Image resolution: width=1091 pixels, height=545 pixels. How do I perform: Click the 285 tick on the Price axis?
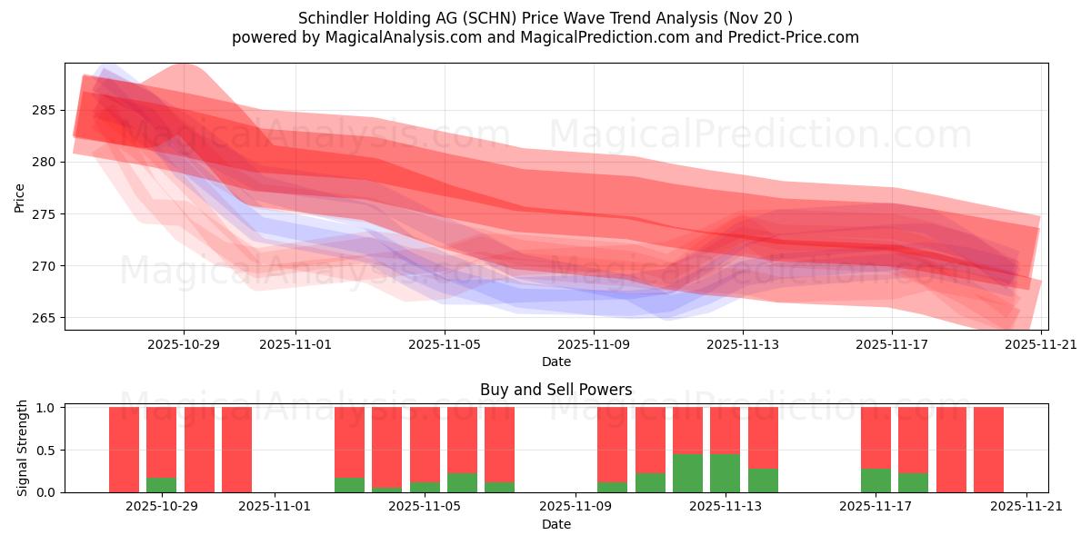tap(45, 110)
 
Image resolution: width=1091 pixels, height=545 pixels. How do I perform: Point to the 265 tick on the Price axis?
tap(45, 318)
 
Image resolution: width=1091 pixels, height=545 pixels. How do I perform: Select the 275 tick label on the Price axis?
tap(45, 214)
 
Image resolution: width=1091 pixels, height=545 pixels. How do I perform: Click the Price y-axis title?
tap(19, 197)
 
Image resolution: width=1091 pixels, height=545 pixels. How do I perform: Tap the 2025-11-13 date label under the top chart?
tap(743, 344)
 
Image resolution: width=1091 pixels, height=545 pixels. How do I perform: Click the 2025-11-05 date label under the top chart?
tap(445, 344)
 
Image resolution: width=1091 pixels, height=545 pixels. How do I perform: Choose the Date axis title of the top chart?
tap(556, 362)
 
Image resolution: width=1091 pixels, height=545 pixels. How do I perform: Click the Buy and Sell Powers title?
tap(556, 390)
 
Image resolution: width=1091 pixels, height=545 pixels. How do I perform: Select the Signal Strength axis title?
tap(23, 448)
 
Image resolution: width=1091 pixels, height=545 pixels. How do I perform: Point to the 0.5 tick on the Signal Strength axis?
tap(45, 450)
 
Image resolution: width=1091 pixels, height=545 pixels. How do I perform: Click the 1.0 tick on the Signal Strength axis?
tap(45, 407)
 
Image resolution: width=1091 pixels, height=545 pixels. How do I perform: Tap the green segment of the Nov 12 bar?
tap(687, 473)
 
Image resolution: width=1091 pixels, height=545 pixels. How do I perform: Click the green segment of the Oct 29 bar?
tap(161, 485)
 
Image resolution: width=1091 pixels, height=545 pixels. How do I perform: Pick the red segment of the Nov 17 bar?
tap(876, 437)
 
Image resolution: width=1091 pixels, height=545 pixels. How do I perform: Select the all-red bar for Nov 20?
tap(988, 450)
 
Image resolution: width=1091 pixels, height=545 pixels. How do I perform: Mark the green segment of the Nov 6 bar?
tap(462, 483)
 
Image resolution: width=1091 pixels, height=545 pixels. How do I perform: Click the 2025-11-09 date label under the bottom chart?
tap(576, 507)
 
